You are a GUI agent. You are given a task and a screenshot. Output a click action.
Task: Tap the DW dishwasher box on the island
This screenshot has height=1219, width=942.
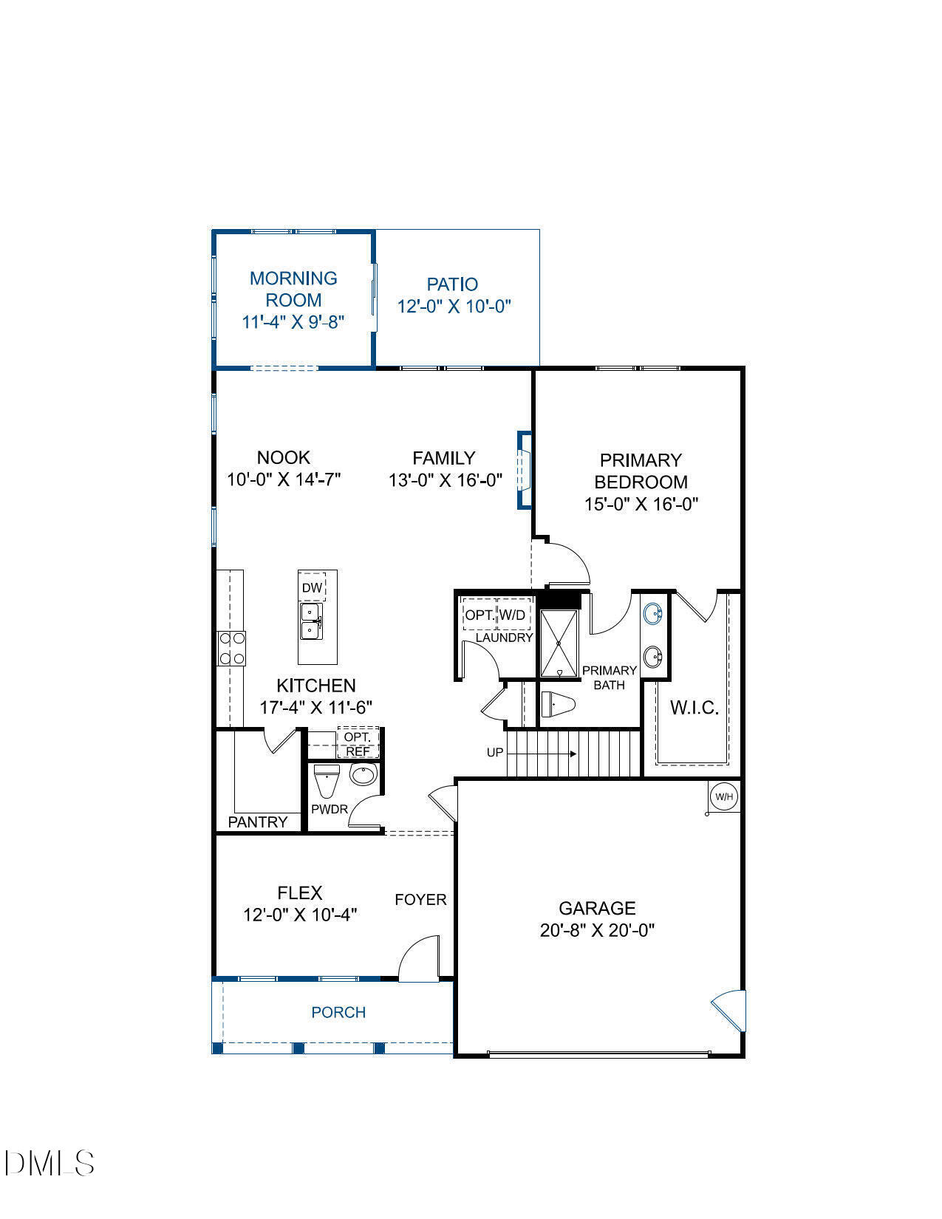tap(313, 587)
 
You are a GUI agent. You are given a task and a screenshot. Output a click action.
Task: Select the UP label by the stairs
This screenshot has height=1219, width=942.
tap(494, 753)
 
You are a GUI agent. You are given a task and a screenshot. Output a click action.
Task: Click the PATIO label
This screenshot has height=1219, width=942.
tap(452, 284)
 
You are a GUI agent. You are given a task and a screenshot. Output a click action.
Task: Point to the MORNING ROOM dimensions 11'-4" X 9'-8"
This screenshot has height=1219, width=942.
tap(293, 322)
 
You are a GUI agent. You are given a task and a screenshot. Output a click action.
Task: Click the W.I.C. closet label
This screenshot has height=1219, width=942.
tap(694, 708)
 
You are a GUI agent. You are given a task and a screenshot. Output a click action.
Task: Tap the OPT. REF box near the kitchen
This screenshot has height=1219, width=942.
tap(358, 744)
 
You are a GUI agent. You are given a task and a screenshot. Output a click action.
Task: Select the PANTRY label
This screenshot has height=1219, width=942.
tap(257, 822)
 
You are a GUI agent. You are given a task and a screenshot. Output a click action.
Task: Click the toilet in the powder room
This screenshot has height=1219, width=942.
tap(326, 779)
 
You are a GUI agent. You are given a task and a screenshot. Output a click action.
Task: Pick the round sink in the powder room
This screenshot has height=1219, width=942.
tap(363, 775)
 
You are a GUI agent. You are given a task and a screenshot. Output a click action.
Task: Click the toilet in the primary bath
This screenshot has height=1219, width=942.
tap(558, 704)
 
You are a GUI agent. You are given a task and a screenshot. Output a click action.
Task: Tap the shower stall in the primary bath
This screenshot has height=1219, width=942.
tap(559, 643)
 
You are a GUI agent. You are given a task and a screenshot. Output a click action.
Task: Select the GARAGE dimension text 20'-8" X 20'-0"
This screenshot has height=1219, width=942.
tap(597, 930)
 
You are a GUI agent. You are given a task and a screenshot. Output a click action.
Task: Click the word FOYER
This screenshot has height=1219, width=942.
tap(420, 899)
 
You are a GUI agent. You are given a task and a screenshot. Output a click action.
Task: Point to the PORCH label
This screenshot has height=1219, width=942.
tap(338, 1012)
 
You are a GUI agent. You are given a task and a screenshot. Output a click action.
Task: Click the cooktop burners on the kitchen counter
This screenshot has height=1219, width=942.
tap(231, 649)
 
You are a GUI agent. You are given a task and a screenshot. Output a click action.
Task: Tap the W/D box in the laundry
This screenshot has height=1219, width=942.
tap(513, 615)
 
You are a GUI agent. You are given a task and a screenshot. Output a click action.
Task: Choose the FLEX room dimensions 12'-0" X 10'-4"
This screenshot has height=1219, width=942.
tap(300, 915)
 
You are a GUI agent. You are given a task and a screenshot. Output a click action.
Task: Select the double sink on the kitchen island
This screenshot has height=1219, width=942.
tap(310, 621)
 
